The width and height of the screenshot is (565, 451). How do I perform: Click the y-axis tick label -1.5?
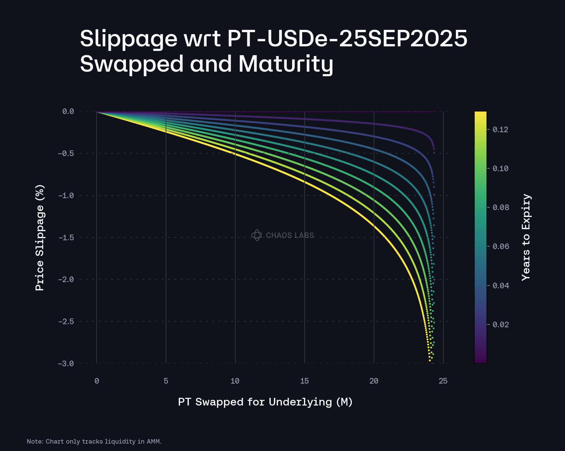click(66, 238)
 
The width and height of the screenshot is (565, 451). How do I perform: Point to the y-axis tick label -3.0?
click(66, 364)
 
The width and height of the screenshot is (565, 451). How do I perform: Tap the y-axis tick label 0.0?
click(68, 111)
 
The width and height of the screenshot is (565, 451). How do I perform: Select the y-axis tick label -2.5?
click(66, 322)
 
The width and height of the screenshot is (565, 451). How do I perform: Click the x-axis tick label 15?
click(304, 381)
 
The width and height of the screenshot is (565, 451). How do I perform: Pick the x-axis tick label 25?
click(443, 381)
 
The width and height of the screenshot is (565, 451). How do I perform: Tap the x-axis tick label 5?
click(166, 381)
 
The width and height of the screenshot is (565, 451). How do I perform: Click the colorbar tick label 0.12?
click(500, 130)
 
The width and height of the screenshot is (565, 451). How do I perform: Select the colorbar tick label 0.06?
click(500, 247)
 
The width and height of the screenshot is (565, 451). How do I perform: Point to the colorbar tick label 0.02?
click(500, 325)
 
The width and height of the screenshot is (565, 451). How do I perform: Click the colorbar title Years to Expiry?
click(526, 237)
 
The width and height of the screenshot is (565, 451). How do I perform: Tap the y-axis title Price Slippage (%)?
click(40, 237)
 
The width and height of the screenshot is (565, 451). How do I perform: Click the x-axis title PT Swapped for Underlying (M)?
click(265, 402)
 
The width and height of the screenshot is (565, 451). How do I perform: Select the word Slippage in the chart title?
click(129, 39)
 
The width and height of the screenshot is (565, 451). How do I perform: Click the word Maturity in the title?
click(286, 64)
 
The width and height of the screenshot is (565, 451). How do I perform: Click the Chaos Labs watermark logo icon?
click(256, 235)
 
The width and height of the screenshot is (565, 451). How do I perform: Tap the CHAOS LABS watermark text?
click(290, 235)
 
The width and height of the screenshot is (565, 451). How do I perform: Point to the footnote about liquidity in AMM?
click(94, 441)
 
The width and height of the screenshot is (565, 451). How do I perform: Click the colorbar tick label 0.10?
click(500, 169)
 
